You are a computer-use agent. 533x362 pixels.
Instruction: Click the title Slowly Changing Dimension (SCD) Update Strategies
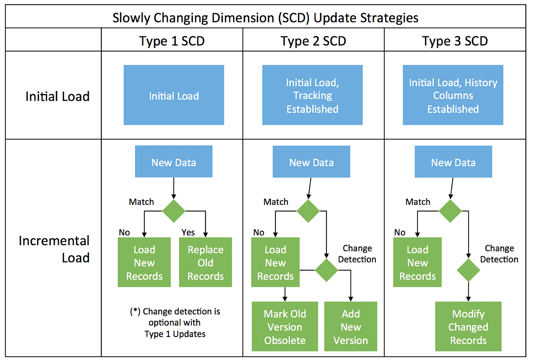pyautogui.click(x=265, y=18)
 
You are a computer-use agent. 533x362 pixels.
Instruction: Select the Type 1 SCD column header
pyautogui.click(x=172, y=41)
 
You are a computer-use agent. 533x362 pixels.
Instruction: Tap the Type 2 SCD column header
pyautogui.click(x=313, y=41)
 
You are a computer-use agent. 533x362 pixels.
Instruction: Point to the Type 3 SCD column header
pyautogui.click(x=455, y=41)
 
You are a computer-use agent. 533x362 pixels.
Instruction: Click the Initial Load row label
pyautogui.click(x=57, y=96)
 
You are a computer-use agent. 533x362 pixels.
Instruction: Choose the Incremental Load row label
pyautogui.click(x=54, y=249)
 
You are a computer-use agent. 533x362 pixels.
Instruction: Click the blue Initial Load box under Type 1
pyautogui.click(x=174, y=95)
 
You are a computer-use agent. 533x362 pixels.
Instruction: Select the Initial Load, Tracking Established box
pyautogui.click(x=312, y=95)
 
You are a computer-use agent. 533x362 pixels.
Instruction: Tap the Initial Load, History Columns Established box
pyautogui.click(x=453, y=95)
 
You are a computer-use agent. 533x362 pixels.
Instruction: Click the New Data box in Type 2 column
pyautogui.click(x=311, y=163)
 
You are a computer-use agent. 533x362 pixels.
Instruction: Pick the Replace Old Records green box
pyautogui.click(x=205, y=263)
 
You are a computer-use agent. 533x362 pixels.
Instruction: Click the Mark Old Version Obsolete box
pyautogui.click(x=285, y=327)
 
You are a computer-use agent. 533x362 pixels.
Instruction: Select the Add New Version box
pyautogui.click(x=350, y=327)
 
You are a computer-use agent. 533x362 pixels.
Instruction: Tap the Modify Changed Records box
pyautogui.click(x=468, y=327)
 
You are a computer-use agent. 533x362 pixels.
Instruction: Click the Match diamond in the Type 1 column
pyautogui.click(x=173, y=211)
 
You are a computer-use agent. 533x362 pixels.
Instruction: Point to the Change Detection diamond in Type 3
pyautogui.click(x=469, y=269)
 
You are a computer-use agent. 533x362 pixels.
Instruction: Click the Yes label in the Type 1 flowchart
pyautogui.click(x=188, y=232)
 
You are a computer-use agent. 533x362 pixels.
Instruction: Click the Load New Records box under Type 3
pyautogui.click(x=418, y=263)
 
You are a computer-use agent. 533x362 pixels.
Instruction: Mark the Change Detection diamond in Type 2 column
pyautogui.click(x=326, y=269)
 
